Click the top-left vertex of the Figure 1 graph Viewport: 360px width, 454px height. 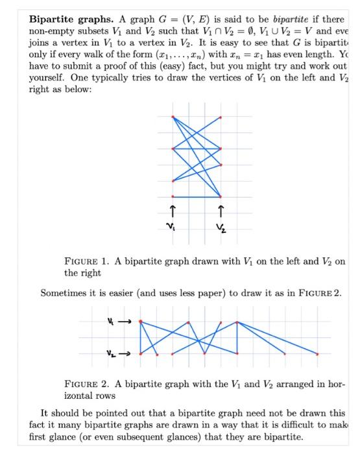173,117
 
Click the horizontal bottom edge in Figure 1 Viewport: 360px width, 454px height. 197,196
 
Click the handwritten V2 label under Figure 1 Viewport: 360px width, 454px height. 222,228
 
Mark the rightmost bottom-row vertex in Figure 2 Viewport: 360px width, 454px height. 318,353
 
